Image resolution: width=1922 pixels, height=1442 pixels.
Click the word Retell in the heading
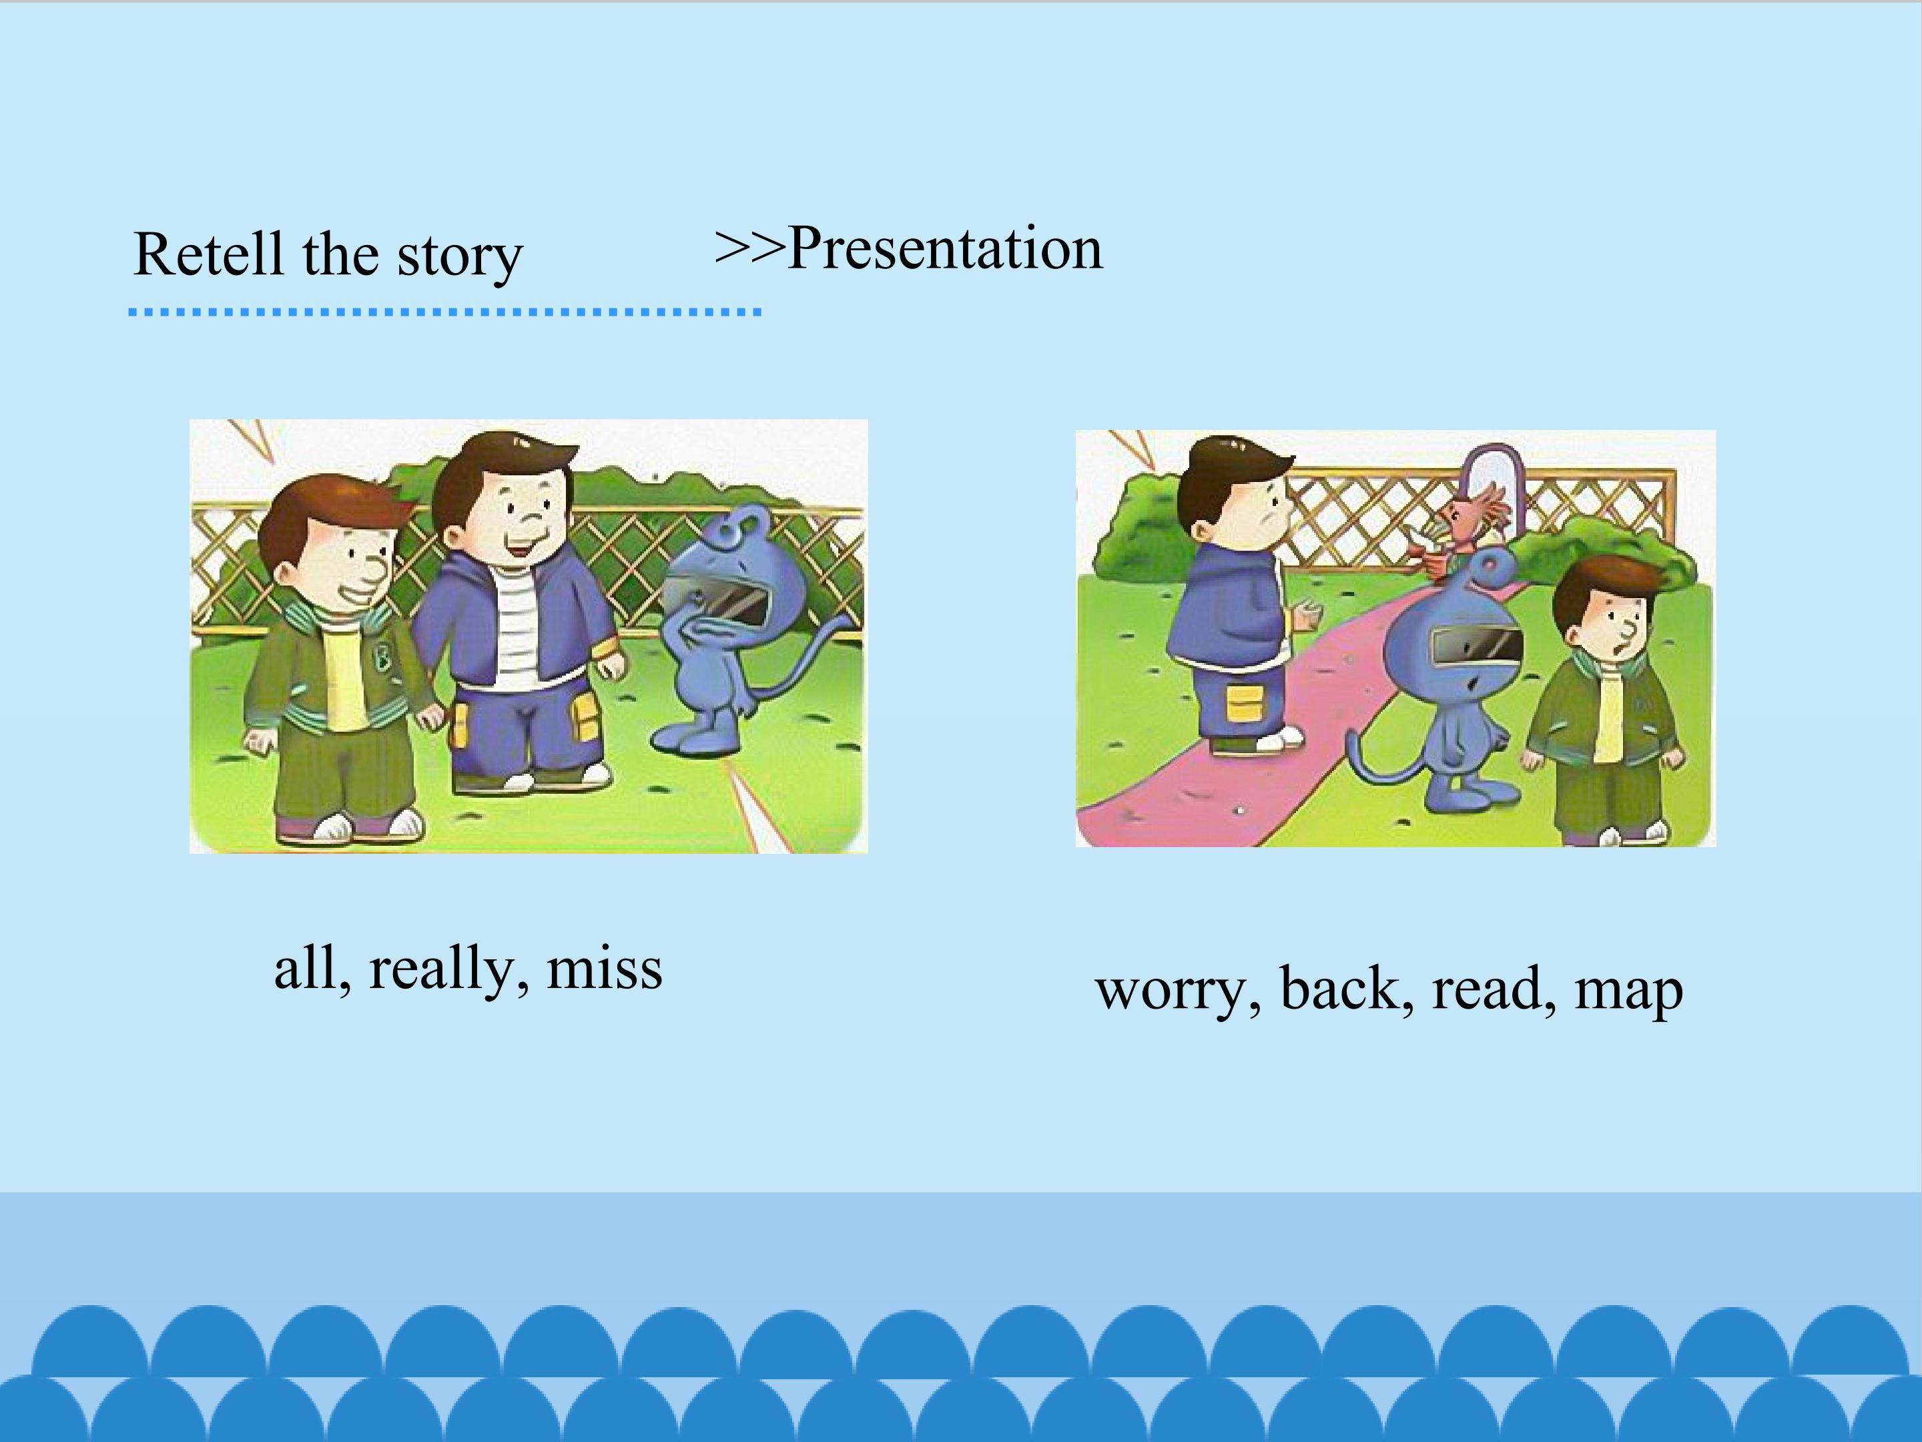pos(208,254)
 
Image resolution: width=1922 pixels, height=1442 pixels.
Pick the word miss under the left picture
pos(604,967)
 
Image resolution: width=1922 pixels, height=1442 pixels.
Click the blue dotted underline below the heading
pos(445,311)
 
